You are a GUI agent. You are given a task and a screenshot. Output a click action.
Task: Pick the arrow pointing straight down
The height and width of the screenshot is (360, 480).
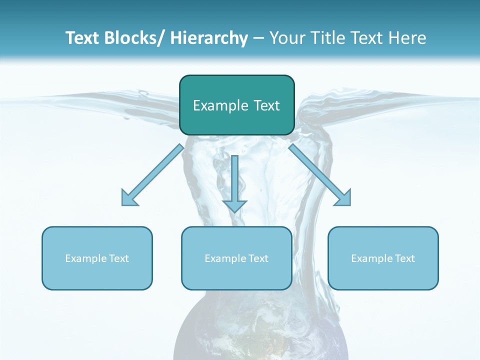point(234,180)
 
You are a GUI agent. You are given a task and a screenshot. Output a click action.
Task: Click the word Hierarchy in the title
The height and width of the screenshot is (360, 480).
point(209,38)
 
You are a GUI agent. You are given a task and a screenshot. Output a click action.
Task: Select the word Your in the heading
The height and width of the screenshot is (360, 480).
point(286,38)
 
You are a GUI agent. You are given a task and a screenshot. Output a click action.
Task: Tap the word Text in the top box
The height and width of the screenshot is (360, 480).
point(266,105)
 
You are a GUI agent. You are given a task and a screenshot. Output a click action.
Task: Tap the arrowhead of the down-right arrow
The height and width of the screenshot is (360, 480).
point(344,198)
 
